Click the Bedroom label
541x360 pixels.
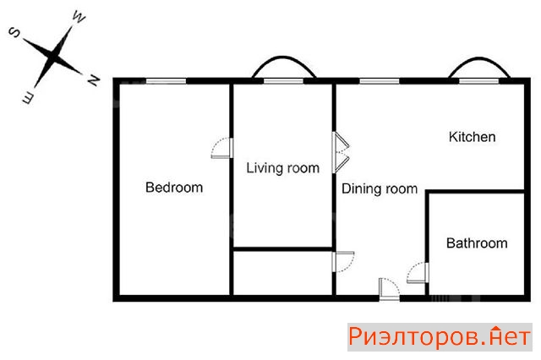(x=174, y=188)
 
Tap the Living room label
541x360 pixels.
(x=283, y=168)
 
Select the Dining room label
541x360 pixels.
(x=380, y=189)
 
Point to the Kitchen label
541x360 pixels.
(x=472, y=137)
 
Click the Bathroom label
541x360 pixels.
(x=477, y=243)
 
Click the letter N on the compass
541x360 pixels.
(x=93, y=80)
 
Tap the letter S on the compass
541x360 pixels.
(x=15, y=32)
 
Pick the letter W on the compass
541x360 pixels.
(x=79, y=17)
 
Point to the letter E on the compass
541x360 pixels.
(x=28, y=98)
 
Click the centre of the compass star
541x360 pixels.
(x=52, y=57)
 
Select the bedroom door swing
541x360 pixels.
(x=221, y=148)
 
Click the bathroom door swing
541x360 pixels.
(x=418, y=273)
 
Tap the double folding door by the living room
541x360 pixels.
(x=341, y=152)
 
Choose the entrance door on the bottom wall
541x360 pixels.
(x=390, y=289)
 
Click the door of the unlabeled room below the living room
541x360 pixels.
(x=343, y=262)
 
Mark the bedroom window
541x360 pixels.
(x=166, y=81)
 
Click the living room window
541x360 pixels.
(x=283, y=81)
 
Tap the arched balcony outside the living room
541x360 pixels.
(x=284, y=57)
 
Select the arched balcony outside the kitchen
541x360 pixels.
(x=479, y=58)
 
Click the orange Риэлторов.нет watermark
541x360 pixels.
(x=440, y=337)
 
